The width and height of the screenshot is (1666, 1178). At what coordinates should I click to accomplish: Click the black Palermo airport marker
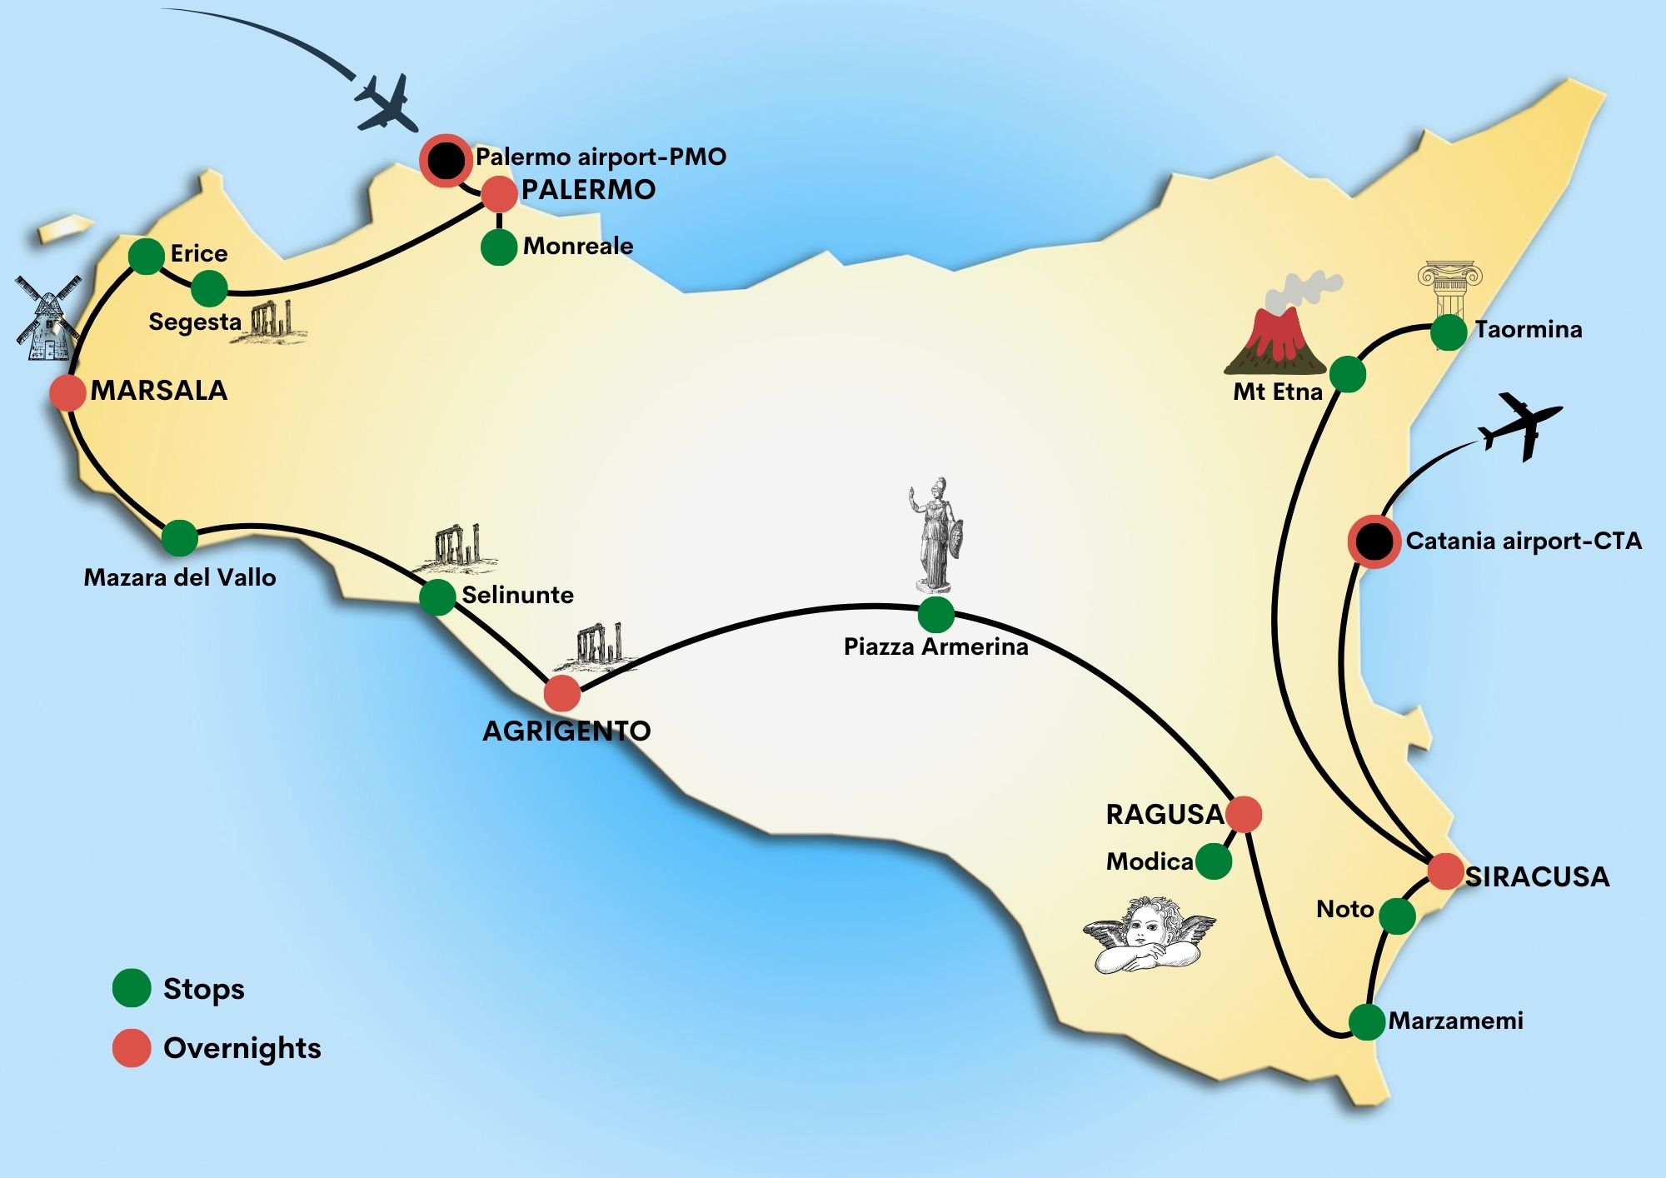tap(446, 160)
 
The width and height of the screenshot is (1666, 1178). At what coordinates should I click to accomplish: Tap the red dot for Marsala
tap(67, 392)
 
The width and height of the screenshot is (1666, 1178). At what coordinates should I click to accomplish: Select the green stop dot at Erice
tap(147, 257)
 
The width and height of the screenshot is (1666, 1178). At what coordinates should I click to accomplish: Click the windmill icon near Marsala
tap(48, 318)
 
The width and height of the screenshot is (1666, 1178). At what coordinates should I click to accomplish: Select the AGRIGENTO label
tap(566, 731)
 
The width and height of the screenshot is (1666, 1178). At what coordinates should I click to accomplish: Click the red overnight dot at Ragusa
tap(1244, 814)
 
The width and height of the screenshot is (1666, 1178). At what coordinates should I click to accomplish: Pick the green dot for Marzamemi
tap(1367, 1022)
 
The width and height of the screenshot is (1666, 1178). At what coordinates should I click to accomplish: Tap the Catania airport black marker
tap(1374, 542)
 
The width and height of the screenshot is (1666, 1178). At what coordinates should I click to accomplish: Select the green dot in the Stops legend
tap(132, 988)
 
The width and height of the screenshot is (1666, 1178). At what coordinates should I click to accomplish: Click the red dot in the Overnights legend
tap(132, 1048)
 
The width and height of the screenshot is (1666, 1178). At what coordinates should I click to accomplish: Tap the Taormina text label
tap(1529, 330)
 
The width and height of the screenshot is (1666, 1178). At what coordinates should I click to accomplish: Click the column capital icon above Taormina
tap(1449, 287)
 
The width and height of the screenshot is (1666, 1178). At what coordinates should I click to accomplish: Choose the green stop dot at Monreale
tap(499, 247)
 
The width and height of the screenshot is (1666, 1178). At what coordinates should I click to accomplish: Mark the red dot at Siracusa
tap(1445, 871)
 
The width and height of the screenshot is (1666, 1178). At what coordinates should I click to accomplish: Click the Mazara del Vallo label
tap(180, 577)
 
